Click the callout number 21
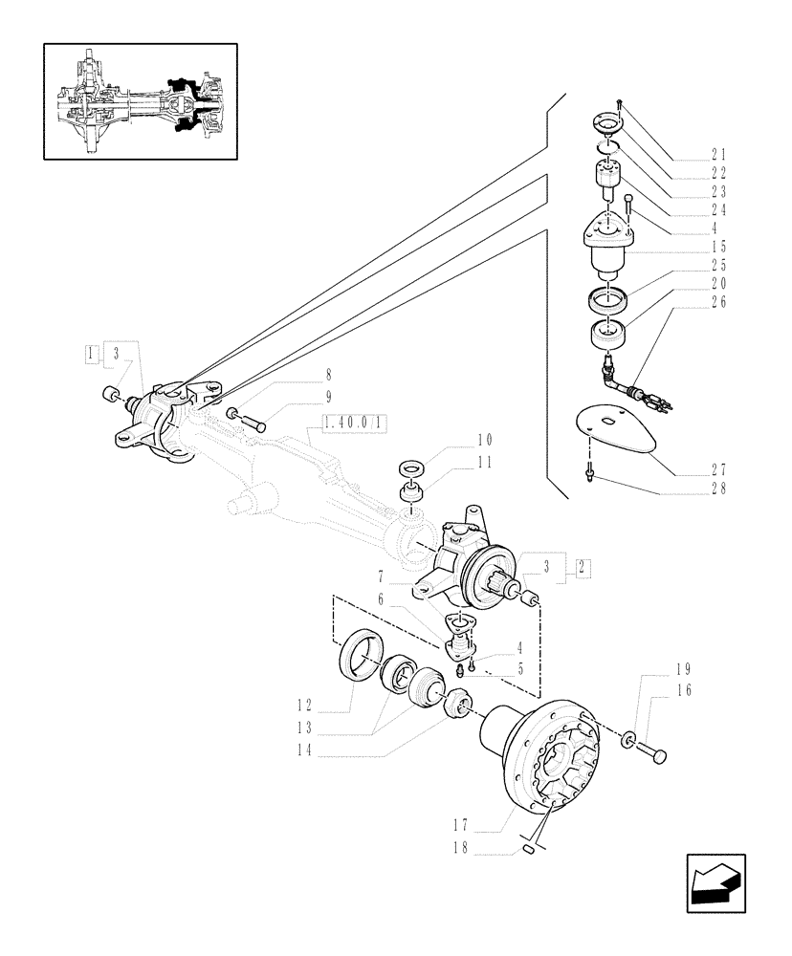(x=718, y=155)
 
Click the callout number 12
(x=305, y=706)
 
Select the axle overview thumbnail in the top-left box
(x=141, y=100)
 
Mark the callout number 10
(x=484, y=442)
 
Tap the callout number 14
(x=305, y=752)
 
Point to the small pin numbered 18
(x=528, y=850)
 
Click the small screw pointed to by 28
(x=591, y=468)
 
